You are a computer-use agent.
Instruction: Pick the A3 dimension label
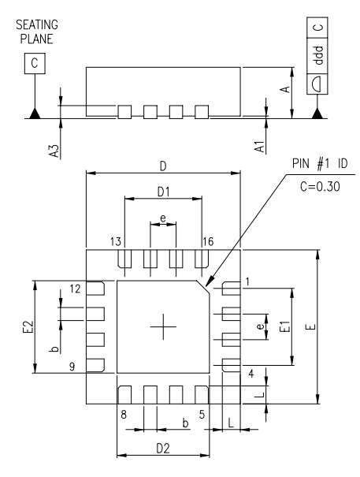point(54,139)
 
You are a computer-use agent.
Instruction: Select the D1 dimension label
point(163,192)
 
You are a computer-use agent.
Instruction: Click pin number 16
point(208,241)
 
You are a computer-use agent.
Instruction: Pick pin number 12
point(76,289)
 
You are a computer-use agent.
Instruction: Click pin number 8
point(124,412)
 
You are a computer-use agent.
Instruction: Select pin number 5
point(202,412)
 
